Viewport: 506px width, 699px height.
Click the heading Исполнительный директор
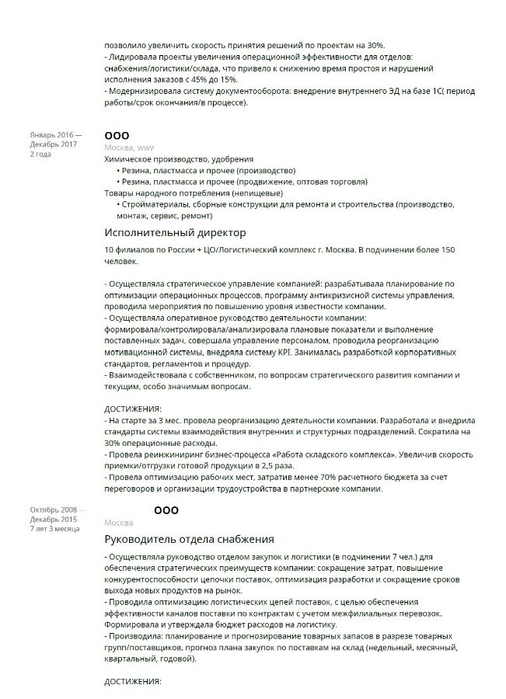pos(175,233)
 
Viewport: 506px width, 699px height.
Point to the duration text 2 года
pos(40,154)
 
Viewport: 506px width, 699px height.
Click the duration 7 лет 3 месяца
pos(54,528)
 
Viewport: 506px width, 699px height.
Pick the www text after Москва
pos(145,148)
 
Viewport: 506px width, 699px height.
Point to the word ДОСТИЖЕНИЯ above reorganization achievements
pos(132,409)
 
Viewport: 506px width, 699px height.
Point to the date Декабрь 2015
pos(53,519)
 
